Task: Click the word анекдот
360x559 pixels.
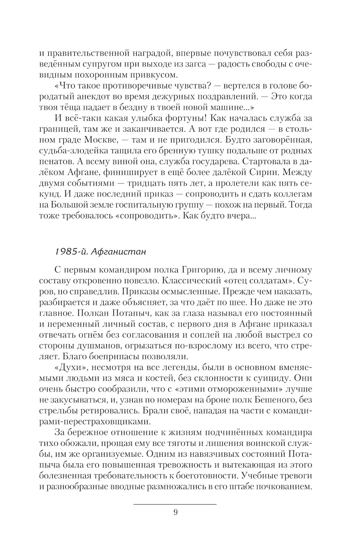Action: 92,97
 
